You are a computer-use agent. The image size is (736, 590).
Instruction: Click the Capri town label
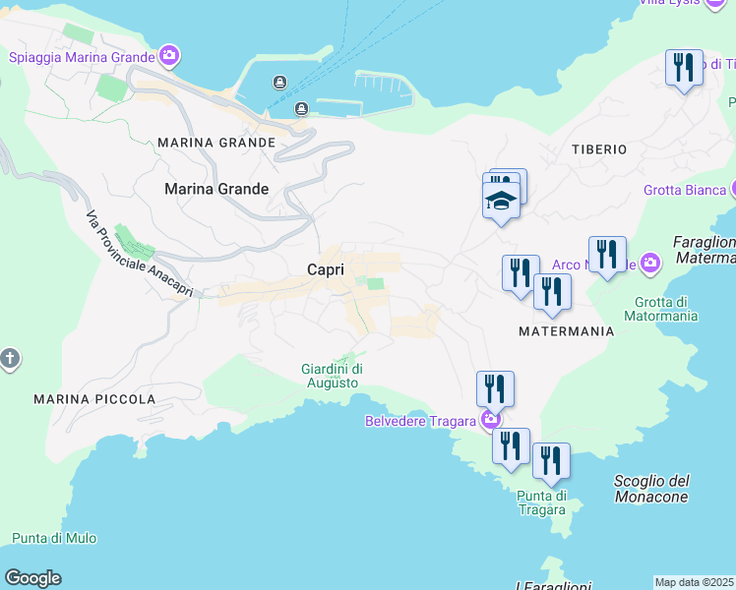point(325,269)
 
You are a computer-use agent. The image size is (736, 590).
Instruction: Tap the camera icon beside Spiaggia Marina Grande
point(169,56)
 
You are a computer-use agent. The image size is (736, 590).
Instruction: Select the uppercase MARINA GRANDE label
point(216,143)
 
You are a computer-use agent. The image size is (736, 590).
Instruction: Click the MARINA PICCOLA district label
point(94,399)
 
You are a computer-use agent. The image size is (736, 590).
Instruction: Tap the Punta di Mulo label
point(54,538)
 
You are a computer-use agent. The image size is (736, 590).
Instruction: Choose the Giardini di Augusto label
point(330,376)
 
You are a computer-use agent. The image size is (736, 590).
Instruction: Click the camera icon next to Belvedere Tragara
point(491,421)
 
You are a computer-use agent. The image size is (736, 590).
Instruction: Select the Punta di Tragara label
point(541,501)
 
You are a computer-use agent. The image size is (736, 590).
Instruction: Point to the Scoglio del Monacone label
point(651,489)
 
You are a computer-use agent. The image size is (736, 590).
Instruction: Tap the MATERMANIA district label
point(567,331)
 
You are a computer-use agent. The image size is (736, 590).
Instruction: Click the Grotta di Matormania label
point(666,309)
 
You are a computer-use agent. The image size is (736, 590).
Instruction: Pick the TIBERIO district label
point(599,149)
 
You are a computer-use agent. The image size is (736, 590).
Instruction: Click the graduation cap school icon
point(501,202)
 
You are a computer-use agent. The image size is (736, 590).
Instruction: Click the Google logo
point(32,578)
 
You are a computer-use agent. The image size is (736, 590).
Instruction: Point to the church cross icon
point(9,359)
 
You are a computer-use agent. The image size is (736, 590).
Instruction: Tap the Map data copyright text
point(695,582)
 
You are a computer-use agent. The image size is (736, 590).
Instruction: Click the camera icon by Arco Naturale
point(649,264)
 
